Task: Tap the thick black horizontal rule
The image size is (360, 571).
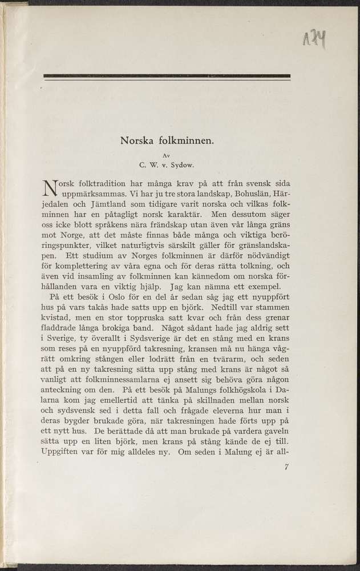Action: pyautogui.click(x=167, y=75)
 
